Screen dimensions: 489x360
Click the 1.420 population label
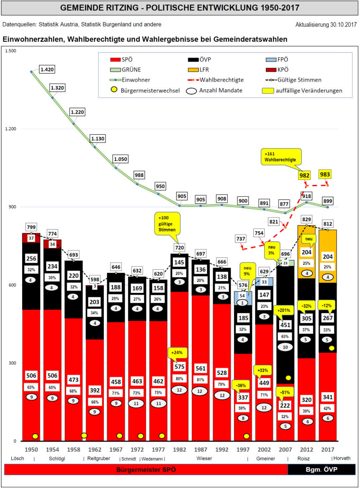[47, 69]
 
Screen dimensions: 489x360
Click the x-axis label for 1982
[179, 449]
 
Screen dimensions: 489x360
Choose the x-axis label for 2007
[285, 449]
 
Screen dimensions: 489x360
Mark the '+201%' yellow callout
[285, 311]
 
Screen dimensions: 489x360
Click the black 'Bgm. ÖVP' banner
[321, 469]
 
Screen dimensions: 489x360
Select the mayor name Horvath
[342, 458]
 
